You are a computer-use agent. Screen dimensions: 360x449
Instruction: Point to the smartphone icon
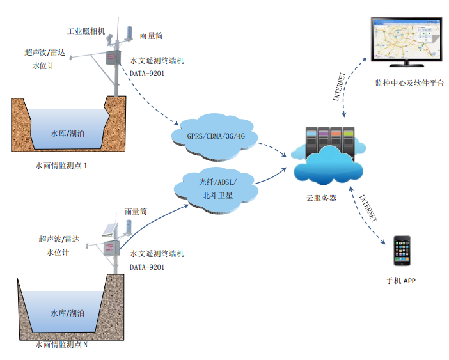[x=402, y=251]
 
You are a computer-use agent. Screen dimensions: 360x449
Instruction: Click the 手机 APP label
[x=401, y=281]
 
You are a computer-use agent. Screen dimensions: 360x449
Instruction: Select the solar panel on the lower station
[x=108, y=229]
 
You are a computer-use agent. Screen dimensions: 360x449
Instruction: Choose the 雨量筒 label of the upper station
[x=151, y=37]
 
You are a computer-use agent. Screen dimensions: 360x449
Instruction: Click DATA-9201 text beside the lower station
[x=146, y=267]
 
